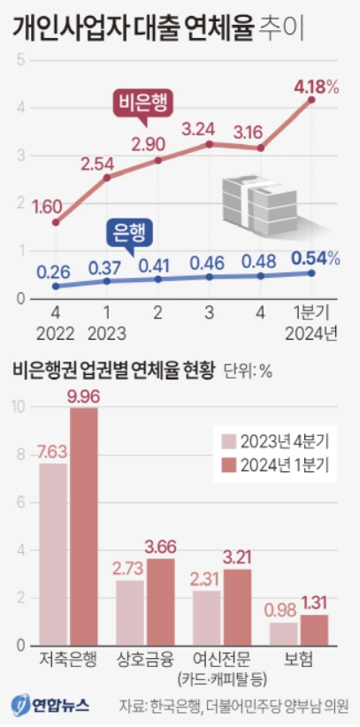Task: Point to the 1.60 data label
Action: pyautogui.click(x=46, y=207)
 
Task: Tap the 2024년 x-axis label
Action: pyautogui.click(x=310, y=333)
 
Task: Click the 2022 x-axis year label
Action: pyautogui.click(x=56, y=333)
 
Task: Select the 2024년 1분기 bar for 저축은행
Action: pyautogui.click(x=84, y=528)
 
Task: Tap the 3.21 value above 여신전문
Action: pyautogui.click(x=239, y=558)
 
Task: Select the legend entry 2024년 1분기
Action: pyautogui.click(x=273, y=466)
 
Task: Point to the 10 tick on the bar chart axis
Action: pyautogui.click(x=19, y=407)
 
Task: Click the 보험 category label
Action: pyautogui.click(x=299, y=660)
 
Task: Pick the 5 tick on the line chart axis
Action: pyautogui.click(x=19, y=60)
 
